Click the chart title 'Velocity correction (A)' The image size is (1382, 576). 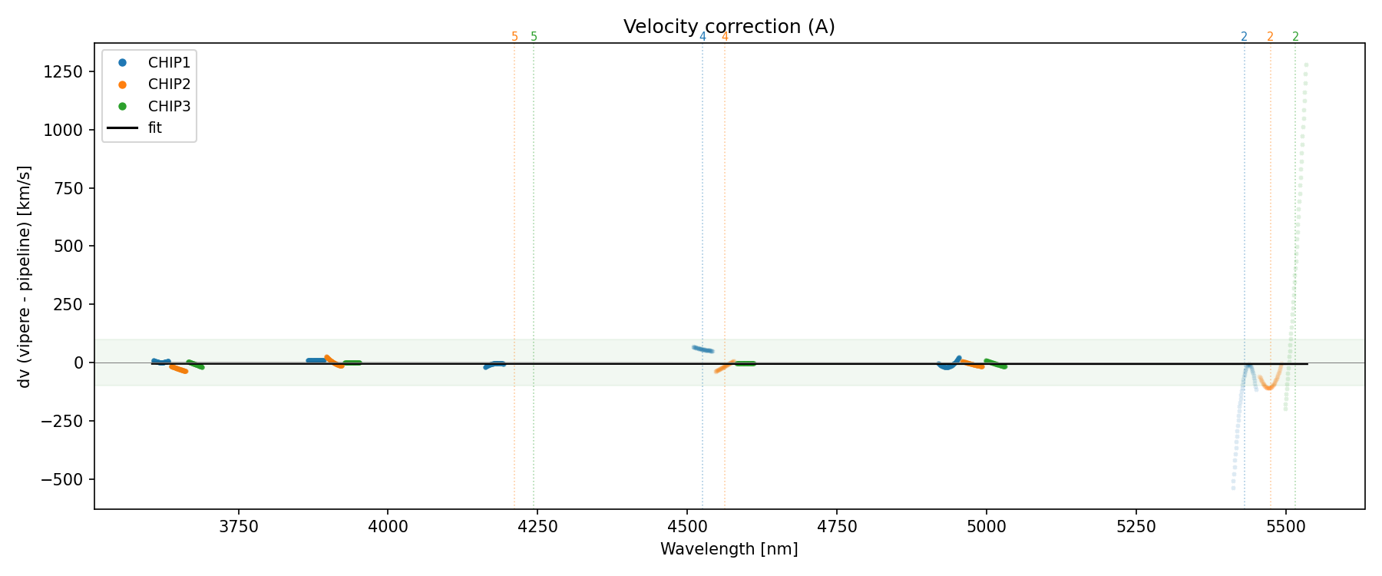(729, 27)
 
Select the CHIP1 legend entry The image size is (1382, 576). (169, 62)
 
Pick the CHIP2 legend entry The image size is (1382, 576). (169, 84)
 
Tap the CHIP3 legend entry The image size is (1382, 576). (169, 106)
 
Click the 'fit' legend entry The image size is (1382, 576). (155, 128)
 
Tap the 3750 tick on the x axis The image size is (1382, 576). (239, 527)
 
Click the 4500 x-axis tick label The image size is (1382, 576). (687, 527)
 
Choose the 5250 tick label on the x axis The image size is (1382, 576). (1136, 527)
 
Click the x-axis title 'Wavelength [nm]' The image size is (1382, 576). (729, 550)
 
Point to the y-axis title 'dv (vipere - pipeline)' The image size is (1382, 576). (25, 276)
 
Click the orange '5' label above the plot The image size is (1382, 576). (514, 37)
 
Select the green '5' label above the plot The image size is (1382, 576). (534, 37)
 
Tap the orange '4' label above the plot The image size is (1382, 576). (725, 37)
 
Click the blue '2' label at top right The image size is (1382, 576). (1244, 37)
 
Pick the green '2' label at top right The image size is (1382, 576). (1295, 37)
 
